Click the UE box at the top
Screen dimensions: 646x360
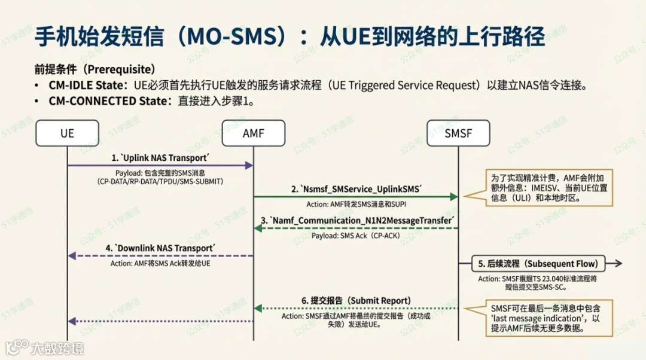[67, 133]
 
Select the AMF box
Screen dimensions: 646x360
[253, 133]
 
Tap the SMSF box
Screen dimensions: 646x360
[458, 133]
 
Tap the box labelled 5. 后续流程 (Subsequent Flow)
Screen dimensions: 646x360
[538, 264]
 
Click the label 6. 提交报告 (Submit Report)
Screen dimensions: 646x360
[356, 300]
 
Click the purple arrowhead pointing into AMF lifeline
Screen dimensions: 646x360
[249, 165]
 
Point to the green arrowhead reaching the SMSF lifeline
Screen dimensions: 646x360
[454, 196]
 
